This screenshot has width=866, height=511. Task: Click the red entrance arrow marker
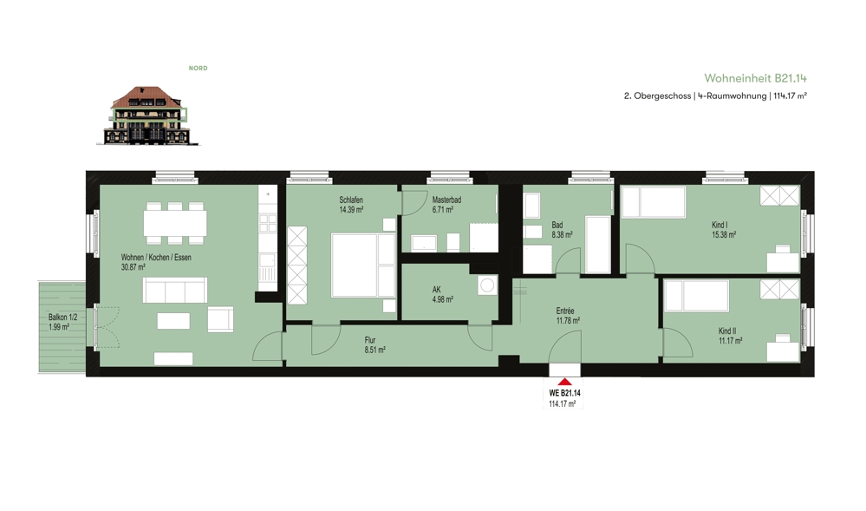pyautogui.click(x=564, y=382)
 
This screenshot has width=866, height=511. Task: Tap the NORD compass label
pyautogui.click(x=199, y=68)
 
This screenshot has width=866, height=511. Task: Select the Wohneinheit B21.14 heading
pyautogui.click(x=755, y=79)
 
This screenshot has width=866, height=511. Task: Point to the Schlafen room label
pyautogui.click(x=351, y=200)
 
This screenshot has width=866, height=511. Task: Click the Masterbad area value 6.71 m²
pyautogui.click(x=443, y=210)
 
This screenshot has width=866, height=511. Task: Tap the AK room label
pyautogui.click(x=436, y=290)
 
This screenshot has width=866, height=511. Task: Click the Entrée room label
pyautogui.click(x=565, y=311)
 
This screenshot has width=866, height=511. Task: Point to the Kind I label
pyautogui.click(x=719, y=225)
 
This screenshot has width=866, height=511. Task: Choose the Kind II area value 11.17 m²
pyautogui.click(x=730, y=341)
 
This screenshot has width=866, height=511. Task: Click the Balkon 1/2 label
pyautogui.click(x=63, y=318)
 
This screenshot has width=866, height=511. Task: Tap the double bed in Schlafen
pyautogui.click(x=363, y=265)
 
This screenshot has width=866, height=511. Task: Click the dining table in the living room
pyautogui.click(x=176, y=224)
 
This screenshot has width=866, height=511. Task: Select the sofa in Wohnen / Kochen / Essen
pyautogui.click(x=175, y=290)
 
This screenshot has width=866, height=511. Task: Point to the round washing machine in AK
pyautogui.click(x=487, y=285)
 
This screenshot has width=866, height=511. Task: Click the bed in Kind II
pyautogui.click(x=696, y=296)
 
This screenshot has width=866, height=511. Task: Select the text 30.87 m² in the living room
pyautogui.click(x=133, y=267)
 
